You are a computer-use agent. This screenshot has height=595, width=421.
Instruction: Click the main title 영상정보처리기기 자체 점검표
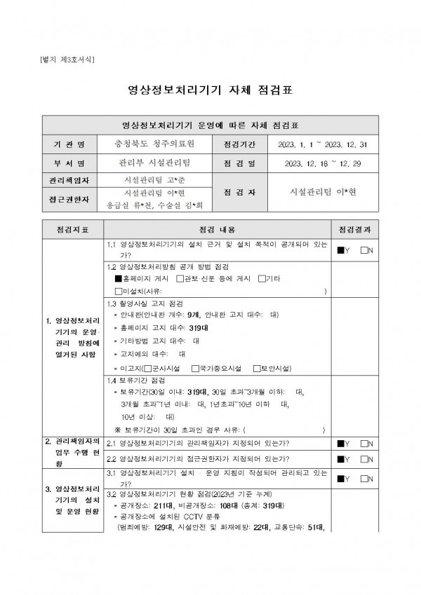pyautogui.click(x=210, y=90)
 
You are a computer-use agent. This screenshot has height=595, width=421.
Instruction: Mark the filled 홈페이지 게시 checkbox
pyautogui.click(x=118, y=278)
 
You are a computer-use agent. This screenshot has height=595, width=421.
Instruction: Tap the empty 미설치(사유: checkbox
pyautogui.click(x=118, y=290)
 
